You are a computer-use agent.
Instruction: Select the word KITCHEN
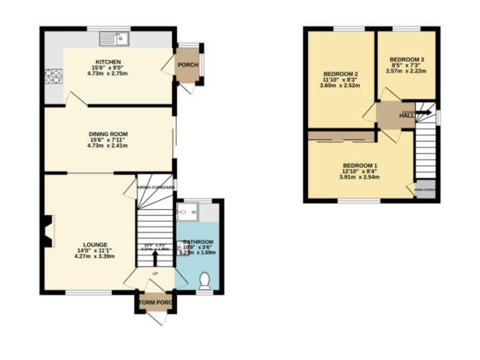click(109, 62)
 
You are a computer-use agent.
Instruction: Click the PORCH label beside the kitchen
click(188, 67)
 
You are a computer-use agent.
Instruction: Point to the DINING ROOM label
click(109, 133)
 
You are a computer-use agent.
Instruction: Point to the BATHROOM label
click(198, 242)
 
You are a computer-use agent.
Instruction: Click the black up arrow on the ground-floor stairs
click(156, 257)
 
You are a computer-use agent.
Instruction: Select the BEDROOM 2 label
click(339, 75)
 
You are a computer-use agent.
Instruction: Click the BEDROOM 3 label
click(407, 59)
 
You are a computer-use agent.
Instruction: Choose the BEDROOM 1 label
click(359, 166)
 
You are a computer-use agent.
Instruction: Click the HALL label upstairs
click(407, 116)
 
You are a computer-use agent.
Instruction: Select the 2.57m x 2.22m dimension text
click(407, 71)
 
